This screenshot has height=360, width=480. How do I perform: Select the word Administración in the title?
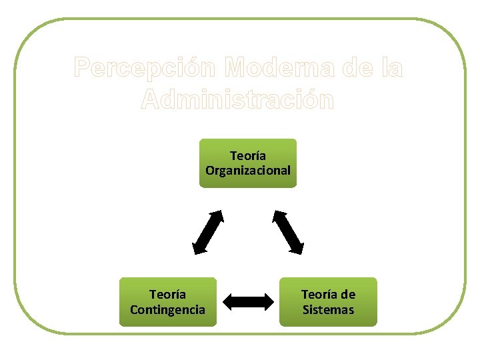pos(238,100)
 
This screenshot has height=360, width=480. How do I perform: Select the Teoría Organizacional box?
pos(248,163)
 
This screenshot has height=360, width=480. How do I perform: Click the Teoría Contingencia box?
pos(168,302)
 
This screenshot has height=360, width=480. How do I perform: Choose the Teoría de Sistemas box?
pos(328,302)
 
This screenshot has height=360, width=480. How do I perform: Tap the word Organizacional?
pos(248,171)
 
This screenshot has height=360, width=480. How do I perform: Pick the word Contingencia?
pos(168,310)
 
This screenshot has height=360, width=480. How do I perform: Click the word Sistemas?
pos(328,310)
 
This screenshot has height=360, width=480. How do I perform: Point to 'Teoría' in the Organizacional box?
pos(248,156)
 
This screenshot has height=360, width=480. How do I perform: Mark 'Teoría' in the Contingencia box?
pos(168,295)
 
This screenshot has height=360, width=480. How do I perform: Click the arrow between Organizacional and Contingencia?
pos(208,232)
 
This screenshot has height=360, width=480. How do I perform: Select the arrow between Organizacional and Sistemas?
pos(288,232)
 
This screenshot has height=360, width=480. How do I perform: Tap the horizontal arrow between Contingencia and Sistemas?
pos(248,302)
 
